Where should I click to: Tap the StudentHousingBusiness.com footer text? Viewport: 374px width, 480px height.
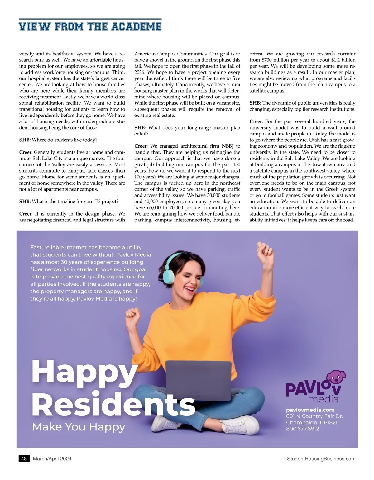coord(321,459)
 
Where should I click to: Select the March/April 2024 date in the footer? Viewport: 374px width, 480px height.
coord(52,459)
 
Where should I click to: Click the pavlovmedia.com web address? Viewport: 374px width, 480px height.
coord(310,410)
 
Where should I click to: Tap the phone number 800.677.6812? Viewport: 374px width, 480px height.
coord(302,429)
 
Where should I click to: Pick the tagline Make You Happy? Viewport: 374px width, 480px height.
coord(79,427)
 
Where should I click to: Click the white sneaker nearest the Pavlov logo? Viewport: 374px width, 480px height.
coord(241,425)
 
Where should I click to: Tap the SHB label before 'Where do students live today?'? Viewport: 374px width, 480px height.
coord(25,140)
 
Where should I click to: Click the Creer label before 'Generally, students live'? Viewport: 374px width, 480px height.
coord(25,152)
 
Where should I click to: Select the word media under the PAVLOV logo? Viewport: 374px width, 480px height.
coord(323,399)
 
